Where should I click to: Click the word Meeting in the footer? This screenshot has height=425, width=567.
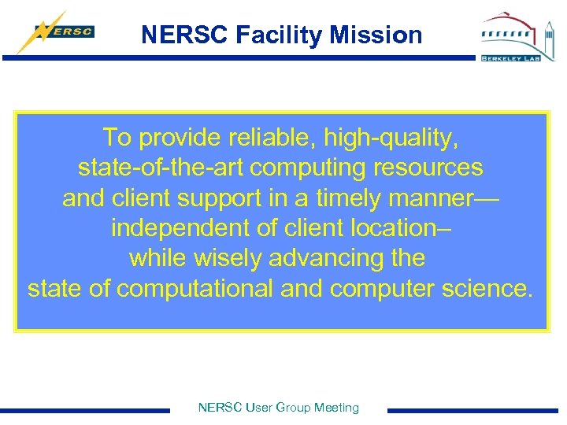click(x=336, y=408)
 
